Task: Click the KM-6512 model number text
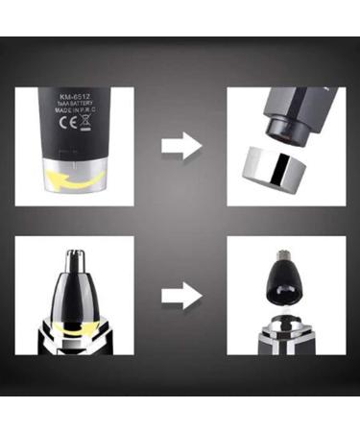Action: click(x=75, y=97)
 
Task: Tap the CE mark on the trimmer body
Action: click(x=62, y=125)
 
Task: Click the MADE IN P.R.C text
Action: click(x=75, y=115)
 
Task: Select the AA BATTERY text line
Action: click(x=75, y=107)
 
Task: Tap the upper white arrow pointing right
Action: click(x=181, y=147)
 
